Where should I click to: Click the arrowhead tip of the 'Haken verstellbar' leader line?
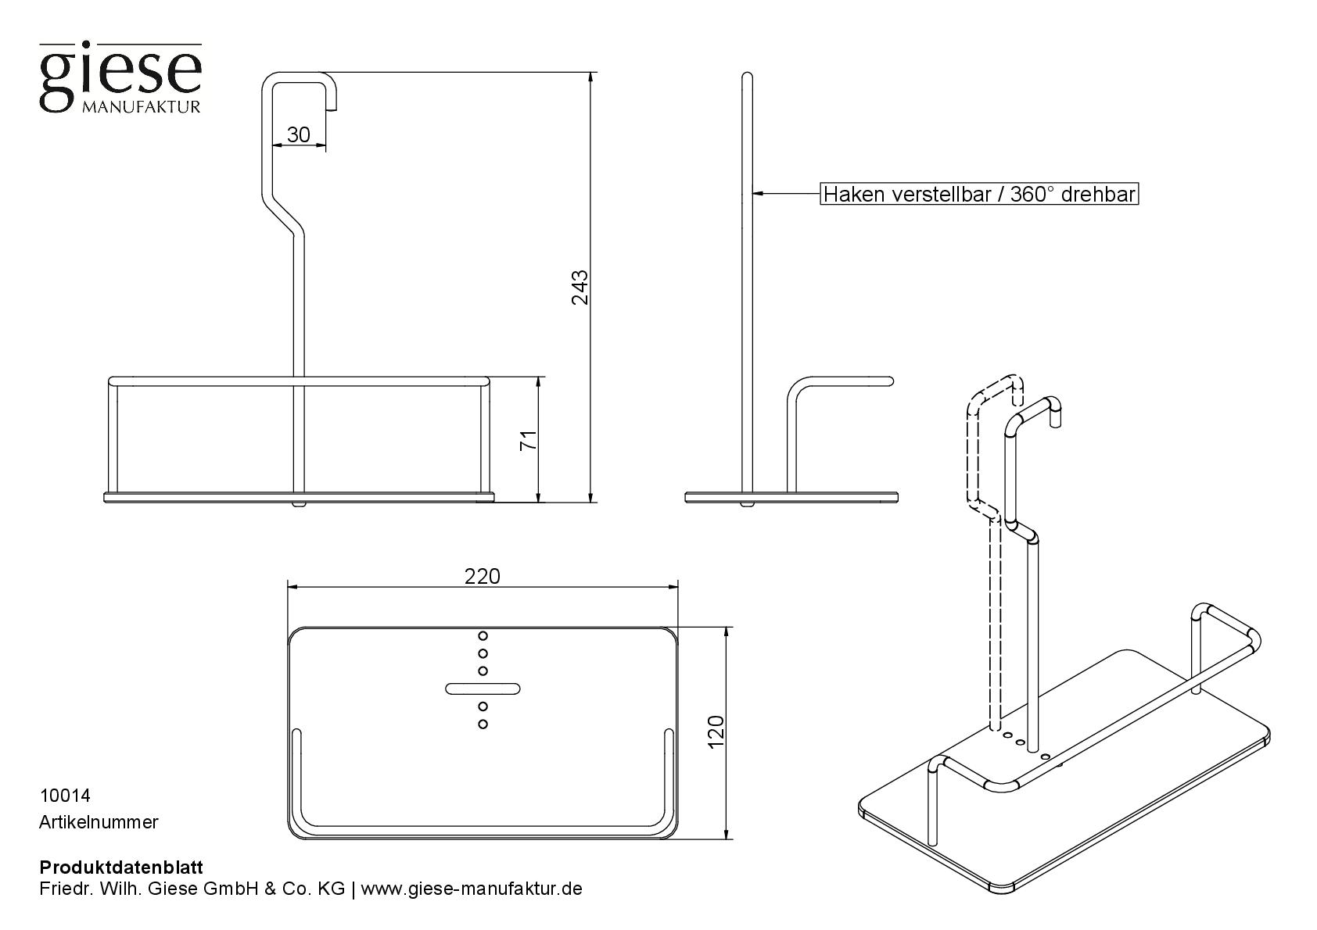[x=753, y=193]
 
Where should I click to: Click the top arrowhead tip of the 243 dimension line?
[x=591, y=72]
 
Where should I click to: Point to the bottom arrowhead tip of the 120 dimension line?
[x=728, y=839]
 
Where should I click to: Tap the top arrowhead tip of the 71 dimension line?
[x=539, y=377]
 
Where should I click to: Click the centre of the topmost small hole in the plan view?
[x=483, y=635]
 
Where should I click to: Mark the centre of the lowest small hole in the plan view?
[x=483, y=724]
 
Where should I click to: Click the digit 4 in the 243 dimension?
[x=580, y=288]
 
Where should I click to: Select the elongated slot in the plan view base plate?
[x=483, y=689]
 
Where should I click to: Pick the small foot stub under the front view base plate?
[x=299, y=505]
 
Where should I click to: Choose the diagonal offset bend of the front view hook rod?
[x=282, y=213]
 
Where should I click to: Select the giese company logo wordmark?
[x=120, y=77]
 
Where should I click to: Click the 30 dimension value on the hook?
[x=299, y=134]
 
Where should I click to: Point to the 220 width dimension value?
[x=482, y=576]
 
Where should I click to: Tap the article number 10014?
[x=65, y=796]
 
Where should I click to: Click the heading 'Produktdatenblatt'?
[x=121, y=867]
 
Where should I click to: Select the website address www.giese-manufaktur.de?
[x=472, y=889]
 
